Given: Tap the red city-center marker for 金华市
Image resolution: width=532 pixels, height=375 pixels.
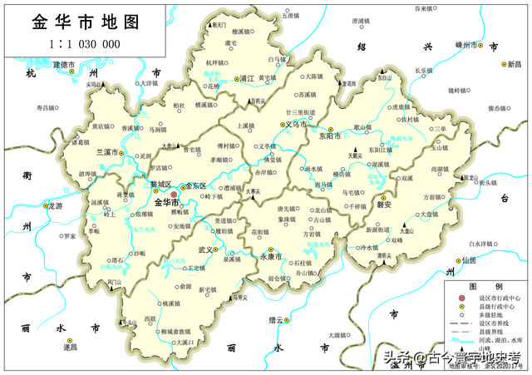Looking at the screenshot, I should pyautogui.click(x=174, y=194).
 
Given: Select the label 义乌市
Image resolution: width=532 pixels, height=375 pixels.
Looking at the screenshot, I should pyautogui.click(x=297, y=125).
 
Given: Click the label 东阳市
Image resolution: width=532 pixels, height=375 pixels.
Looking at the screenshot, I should pyautogui.click(x=330, y=138).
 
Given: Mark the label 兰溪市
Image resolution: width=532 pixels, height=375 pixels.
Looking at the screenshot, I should pyautogui.click(x=109, y=153).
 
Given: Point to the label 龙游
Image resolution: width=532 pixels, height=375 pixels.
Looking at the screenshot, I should pyautogui.click(x=56, y=205).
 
